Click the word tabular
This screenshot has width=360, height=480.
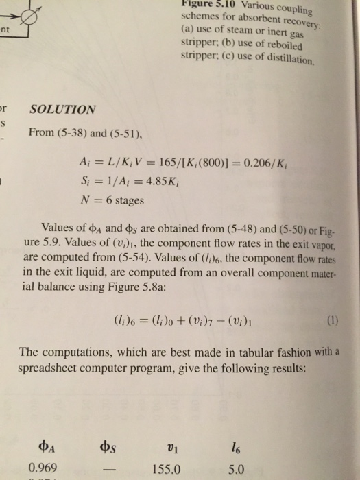coord(236,355)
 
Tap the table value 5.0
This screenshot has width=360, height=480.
coord(235,468)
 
